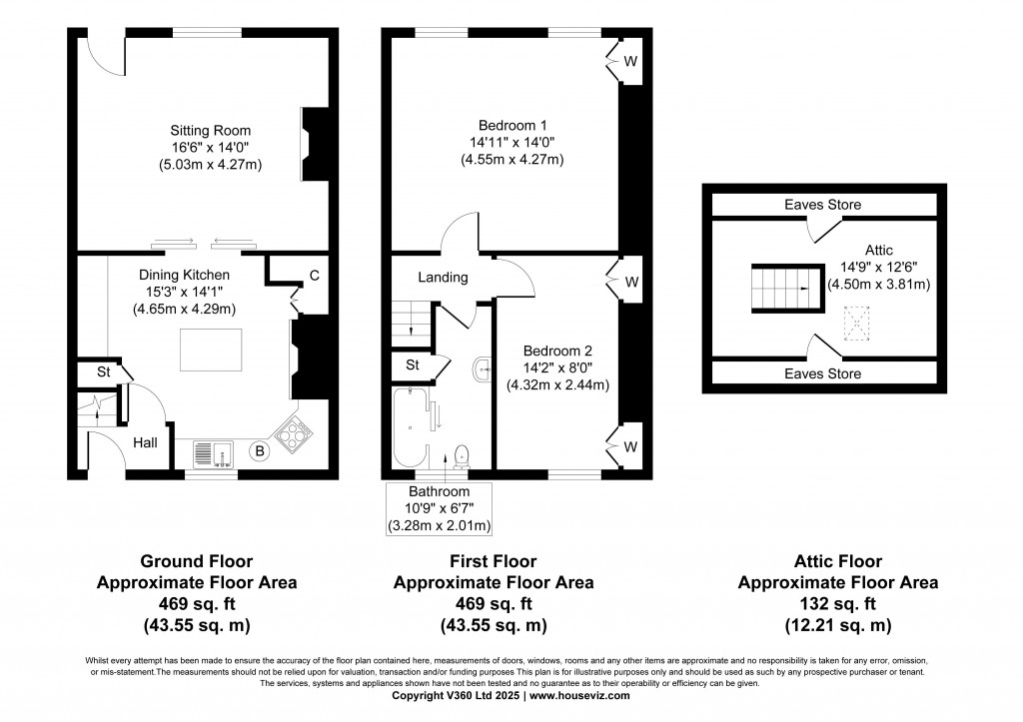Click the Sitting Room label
tap(210, 131)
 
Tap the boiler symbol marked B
tap(260, 452)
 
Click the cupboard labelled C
tap(313, 274)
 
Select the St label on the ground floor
tap(102, 373)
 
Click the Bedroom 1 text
tap(512, 126)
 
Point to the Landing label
tap(443, 278)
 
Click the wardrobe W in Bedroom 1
tap(629, 60)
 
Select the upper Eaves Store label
tap(822, 205)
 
